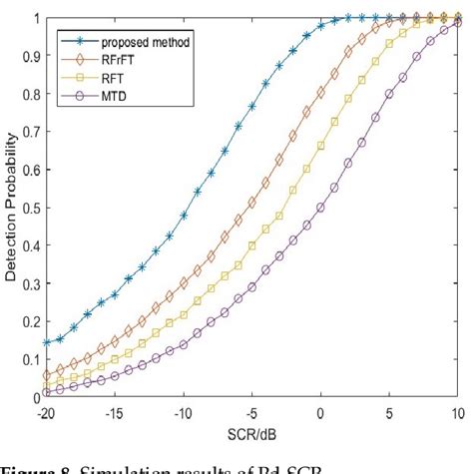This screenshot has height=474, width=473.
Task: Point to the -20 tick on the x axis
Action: (47, 412)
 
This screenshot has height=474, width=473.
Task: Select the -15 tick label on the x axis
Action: (115, 412)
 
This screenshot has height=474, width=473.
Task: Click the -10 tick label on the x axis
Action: (184, 412)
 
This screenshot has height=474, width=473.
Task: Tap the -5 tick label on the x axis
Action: (252, 412)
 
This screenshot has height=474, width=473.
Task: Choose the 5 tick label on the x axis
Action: (390, 412)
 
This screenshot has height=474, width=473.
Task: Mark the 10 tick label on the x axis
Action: (457, 412)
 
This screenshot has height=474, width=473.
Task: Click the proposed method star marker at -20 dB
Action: (47, 342)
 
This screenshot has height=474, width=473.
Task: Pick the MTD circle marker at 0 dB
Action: (320, 208)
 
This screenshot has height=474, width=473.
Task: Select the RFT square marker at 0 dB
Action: (320, 146)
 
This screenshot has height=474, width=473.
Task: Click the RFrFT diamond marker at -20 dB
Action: (47, 374)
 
